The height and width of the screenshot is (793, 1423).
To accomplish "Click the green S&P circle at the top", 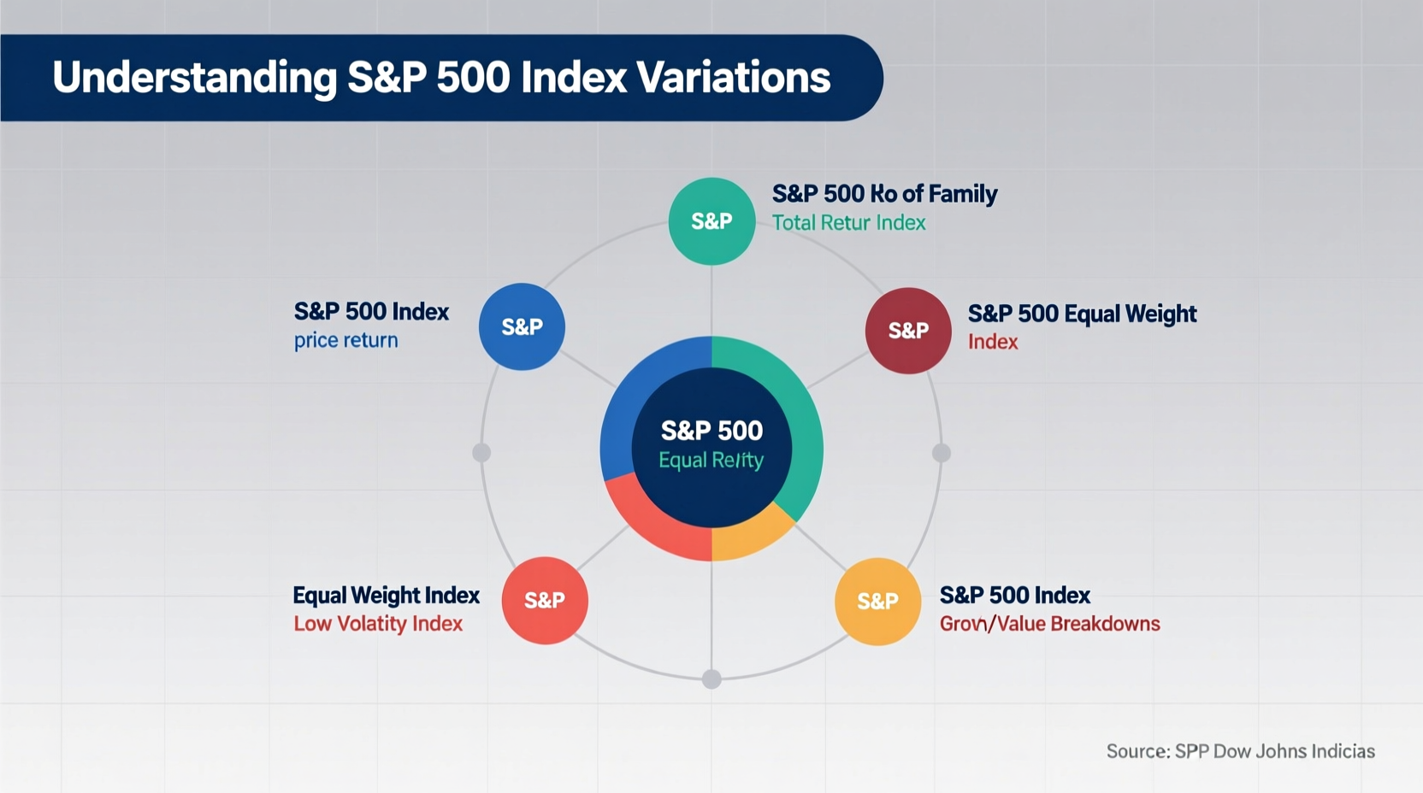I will [711, 221].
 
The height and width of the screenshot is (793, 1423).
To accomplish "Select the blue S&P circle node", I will [522, 326].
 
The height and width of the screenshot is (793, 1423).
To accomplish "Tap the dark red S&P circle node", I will [908, 331].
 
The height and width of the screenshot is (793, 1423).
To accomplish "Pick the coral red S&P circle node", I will [545, 600].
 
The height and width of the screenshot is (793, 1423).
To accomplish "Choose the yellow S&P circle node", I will [877, 601].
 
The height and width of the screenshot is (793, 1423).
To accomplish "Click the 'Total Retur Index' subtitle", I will [848, 223].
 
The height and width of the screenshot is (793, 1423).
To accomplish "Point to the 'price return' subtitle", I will [345, 340].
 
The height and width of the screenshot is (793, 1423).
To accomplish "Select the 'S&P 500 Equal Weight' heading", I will [1082, 314].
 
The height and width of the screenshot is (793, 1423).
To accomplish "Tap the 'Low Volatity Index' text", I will [378, 624].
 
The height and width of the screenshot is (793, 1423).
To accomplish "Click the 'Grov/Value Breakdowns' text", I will [1049, 624].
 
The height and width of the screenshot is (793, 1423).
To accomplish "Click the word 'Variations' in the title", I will [734, 78].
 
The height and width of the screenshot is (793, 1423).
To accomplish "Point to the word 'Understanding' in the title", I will [195, 78].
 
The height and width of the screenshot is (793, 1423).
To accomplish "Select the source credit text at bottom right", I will [1240, 751].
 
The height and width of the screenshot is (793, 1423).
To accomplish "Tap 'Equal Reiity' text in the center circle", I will [711, 461].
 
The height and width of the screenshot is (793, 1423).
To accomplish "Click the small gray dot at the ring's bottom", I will [711, 679].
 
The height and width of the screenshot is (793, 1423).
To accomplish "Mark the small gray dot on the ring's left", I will [481, 452].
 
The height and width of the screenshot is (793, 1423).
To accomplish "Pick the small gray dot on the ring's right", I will [942, 453].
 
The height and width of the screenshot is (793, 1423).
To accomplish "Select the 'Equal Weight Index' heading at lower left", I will [386, 595].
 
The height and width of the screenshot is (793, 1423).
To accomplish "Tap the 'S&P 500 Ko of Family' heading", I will [884, 194].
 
